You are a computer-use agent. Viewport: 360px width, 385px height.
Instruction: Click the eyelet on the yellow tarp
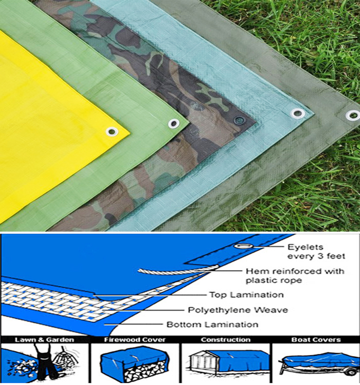tap(112, 132)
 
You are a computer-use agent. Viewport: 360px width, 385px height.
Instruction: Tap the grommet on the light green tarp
tap(174, 124)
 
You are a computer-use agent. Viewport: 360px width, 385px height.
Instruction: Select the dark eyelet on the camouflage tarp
tap(238, 120)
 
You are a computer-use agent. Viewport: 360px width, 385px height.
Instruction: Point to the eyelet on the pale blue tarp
tap(298, 113)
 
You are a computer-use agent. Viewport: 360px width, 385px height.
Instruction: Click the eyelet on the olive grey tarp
tap(353, 115)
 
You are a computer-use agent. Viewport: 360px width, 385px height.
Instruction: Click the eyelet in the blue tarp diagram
tap(243, 246)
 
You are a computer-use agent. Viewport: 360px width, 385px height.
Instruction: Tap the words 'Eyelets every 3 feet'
tap(316, 252)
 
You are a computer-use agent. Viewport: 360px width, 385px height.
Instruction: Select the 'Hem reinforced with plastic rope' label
tap(295, 276)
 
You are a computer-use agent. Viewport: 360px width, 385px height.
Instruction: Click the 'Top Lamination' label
tap(246, 294)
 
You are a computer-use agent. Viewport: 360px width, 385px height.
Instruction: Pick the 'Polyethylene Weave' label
tap(238, 310)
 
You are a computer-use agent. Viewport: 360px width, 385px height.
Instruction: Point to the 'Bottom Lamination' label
tap(212, 325)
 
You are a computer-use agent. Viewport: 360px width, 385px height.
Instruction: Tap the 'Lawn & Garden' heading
tap(44, 340)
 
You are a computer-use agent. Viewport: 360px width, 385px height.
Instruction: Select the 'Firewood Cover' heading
tap(135, 340)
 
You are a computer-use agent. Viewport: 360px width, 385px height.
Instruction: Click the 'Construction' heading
tap(226, 340)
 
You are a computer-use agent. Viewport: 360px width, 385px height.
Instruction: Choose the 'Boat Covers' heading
tap(316, 340)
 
